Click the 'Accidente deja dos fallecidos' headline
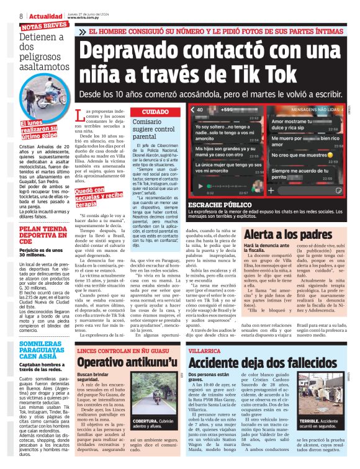click(273, 362)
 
